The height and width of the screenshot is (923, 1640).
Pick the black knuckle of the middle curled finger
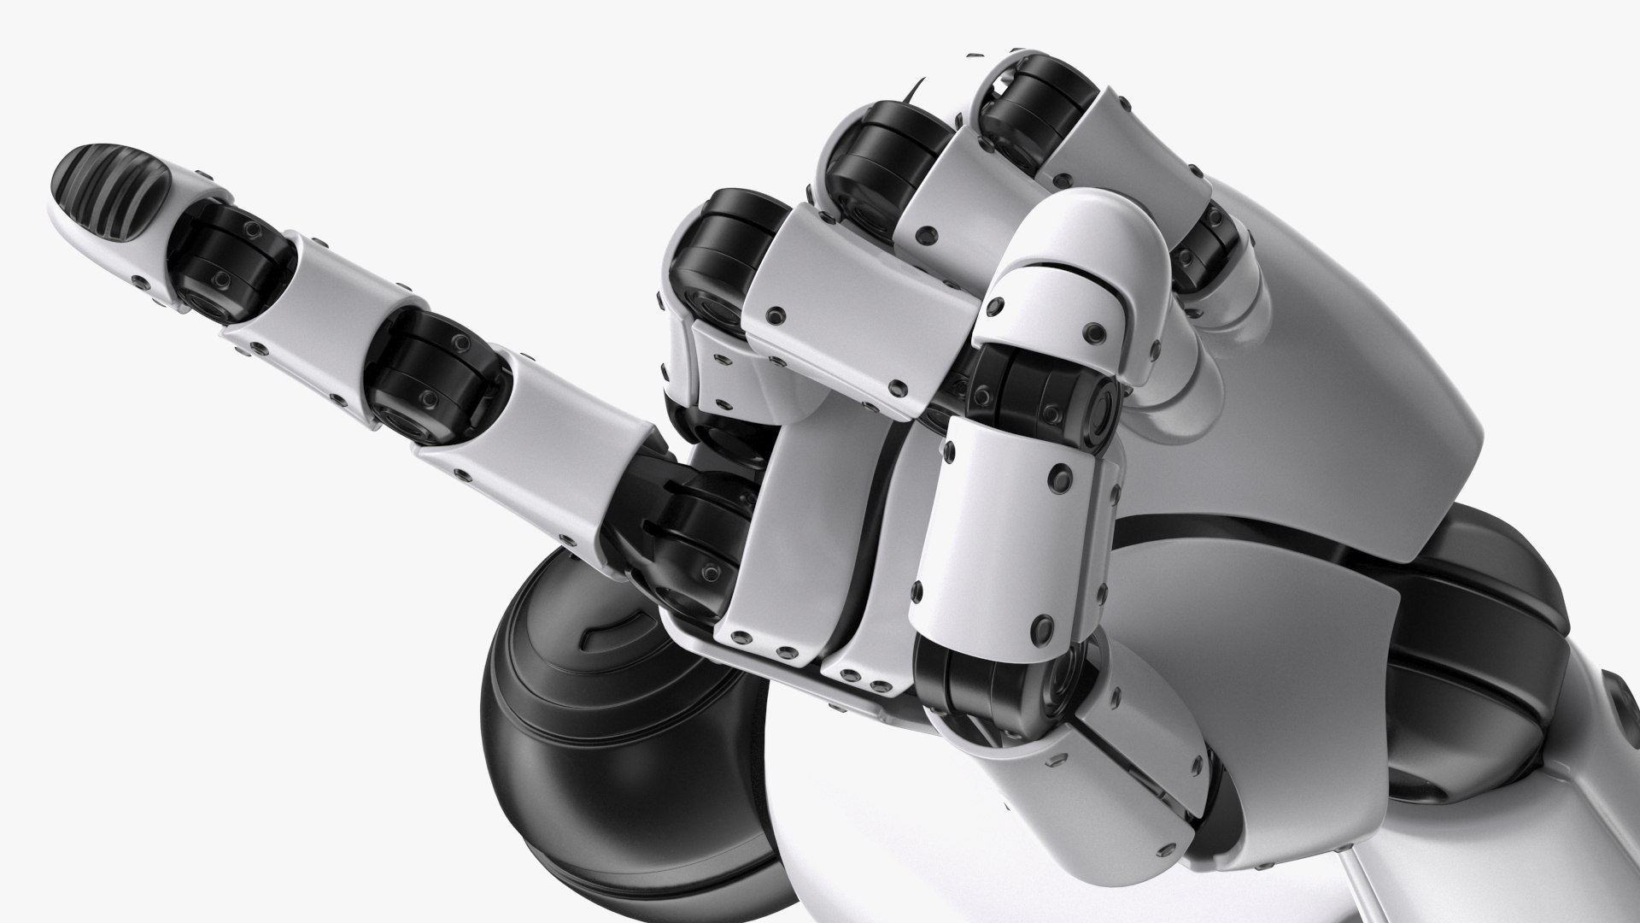tap(880, 162)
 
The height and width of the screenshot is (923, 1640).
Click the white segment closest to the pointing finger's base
tap(547, 427)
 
